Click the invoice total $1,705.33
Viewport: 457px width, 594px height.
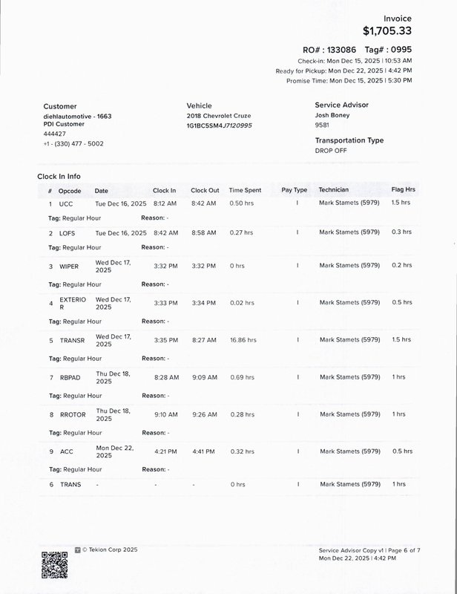[x=387, y=30]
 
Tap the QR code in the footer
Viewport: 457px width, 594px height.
[x=54, y=565]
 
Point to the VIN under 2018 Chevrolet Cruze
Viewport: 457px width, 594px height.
[x=219, y=125]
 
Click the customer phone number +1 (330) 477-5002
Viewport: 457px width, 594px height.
[x=73, y=143]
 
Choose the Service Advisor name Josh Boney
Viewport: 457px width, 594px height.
[x=332, y=116]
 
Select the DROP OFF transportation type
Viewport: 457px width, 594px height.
[x=331, y=150]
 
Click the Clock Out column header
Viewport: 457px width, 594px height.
[x=205, y=190]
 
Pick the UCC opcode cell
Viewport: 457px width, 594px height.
[x=66, y=203]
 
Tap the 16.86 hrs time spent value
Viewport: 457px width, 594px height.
[x=243, y=340]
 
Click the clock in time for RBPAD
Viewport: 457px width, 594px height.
[x=165, y=377]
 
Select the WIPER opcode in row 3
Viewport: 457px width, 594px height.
[x=69, y=266]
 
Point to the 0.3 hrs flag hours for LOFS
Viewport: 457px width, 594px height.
[x=401, y=232]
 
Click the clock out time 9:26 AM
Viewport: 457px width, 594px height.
[x=203, y=414]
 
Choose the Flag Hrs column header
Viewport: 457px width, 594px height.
[x=403, y=190]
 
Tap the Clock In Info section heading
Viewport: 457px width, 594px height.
[x=59, y=177]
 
